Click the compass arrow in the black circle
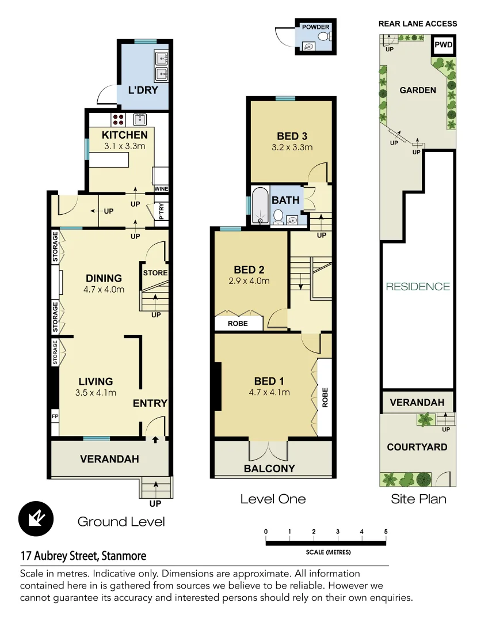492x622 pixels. click(x=36, y=518)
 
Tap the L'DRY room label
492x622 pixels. click(x=143, y=90)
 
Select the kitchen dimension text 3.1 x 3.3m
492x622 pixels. click(x=125, y=146)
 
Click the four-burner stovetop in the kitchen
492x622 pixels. click(x=119, y=119)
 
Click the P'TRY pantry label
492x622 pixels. click(x=162, y=212)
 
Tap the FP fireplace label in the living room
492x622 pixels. click(x=55, y=416)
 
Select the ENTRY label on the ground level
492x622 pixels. click(x=150, y=404)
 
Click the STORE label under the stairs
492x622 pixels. click(x=155, y=273)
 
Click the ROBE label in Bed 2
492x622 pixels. click(x=238, y=324)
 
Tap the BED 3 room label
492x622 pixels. click(x=292, y=136)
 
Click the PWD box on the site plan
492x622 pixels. click(x=443, y=45)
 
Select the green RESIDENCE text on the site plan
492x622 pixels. click(x=418, y=286)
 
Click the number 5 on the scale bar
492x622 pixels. click(x=385, y=532)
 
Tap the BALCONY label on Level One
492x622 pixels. click(x=269, y=468)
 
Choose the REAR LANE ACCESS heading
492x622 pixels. click(x=418, y=24)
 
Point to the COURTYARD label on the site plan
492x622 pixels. click(x=417, y=447)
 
